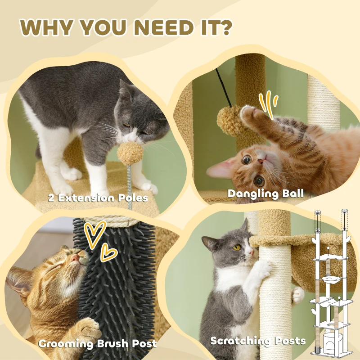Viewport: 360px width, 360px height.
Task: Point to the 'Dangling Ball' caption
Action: pos(265,194)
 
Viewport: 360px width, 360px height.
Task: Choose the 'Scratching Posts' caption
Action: pos(258,341)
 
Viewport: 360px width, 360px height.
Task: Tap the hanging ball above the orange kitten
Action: pos(230,121)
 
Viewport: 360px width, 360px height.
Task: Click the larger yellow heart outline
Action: pos(94,234)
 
